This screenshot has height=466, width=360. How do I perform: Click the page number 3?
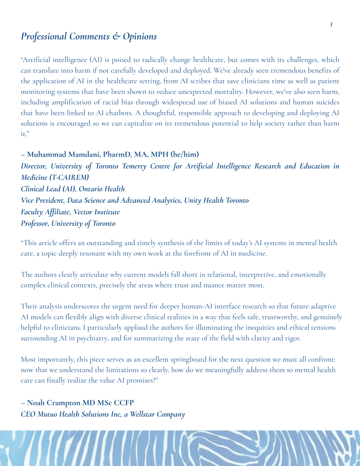coord(331,24)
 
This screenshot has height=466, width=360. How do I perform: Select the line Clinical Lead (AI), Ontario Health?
coord(73,189)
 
